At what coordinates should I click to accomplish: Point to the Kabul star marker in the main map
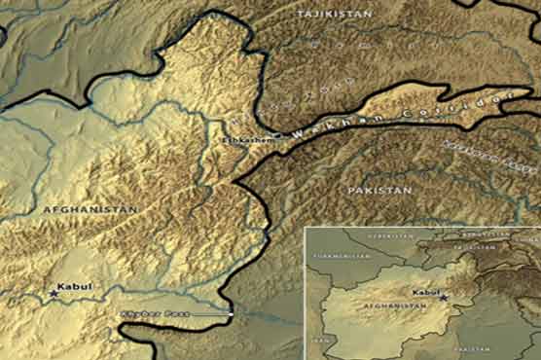tap(54, 291)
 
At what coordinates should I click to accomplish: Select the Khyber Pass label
tap(141, 314)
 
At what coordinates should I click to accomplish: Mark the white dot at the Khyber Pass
tap(230, 312)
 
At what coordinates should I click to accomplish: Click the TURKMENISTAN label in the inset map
tap(340, 255)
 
